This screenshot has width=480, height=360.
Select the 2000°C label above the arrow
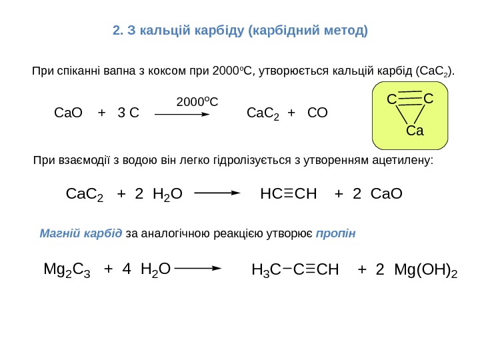point(197,101)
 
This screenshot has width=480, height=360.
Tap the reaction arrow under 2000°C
point(183,114)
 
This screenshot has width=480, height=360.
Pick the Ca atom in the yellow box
point(415,131)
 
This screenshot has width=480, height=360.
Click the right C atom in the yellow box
point(428,99)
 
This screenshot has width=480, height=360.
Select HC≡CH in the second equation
point(289,194)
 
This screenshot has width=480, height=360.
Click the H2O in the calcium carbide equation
point(167,194)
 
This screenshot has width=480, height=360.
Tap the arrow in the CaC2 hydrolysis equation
point(217,194)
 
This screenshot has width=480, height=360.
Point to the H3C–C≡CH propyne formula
point(295,270)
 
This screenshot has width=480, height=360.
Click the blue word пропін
point(336,234)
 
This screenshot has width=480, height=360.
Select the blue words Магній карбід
point(81,234)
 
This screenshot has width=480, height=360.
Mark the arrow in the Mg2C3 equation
point(198,269)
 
